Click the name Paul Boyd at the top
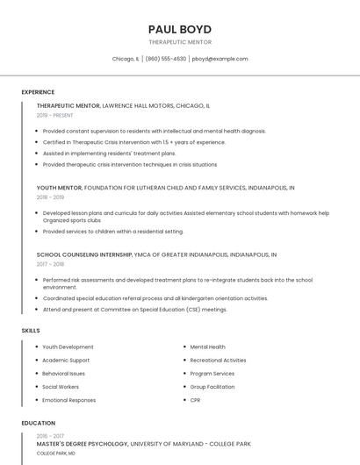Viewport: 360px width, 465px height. click(x=180, y=29)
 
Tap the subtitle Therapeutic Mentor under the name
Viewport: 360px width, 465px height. click(x=180, y=42)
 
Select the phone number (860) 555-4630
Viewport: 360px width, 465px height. click(x=166, y=59)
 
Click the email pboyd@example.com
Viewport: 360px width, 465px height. click(x=220, y=59)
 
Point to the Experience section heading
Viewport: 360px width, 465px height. click(x=38, y=92)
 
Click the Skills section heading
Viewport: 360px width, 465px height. click(x=31, y=331)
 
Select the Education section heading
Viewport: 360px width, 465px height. click(x=38, y=423)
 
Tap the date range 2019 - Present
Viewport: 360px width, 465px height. click(x=54, y=115)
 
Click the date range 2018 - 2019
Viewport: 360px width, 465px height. click(x=50, y=197)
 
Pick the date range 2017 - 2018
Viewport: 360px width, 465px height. click(x=50, y=264)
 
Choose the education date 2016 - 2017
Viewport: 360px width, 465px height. click(x=50, y=436)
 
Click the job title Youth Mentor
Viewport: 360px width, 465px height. click(x=59, y=188)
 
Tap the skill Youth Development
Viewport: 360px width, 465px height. click(x=68, y=347)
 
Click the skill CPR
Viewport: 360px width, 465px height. click(x=195, y=400)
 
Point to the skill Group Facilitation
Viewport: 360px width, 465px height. click(x=212, y=387)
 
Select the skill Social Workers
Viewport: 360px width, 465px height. click(x=61, y=387)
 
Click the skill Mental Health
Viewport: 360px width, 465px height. click(x=208, y=347)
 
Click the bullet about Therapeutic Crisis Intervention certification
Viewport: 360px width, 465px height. click(x=133, y=142)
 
